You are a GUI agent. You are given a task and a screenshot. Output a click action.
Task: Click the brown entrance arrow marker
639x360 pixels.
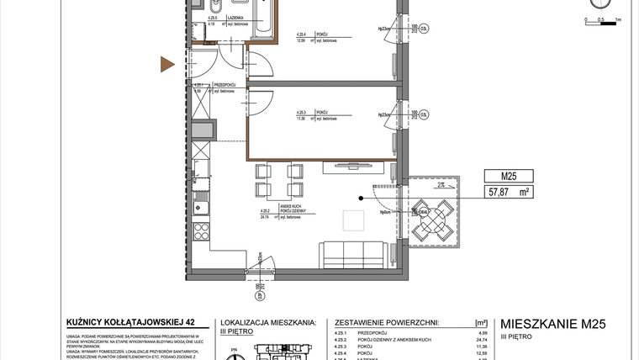pos(168,63)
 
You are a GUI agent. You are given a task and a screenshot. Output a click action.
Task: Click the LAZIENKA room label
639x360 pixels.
pos(233,17)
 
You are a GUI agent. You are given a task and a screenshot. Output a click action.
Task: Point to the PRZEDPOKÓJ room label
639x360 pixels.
pos(224,85)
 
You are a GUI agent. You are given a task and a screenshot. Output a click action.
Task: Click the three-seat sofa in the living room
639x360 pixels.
pos(353,252)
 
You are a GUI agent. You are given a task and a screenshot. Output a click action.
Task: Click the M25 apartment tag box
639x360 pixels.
pos(508,177)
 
